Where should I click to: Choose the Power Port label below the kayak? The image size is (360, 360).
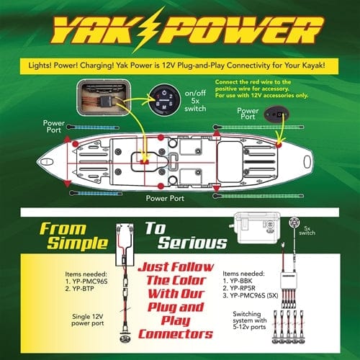pyautogui.click(x=166, y=195)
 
